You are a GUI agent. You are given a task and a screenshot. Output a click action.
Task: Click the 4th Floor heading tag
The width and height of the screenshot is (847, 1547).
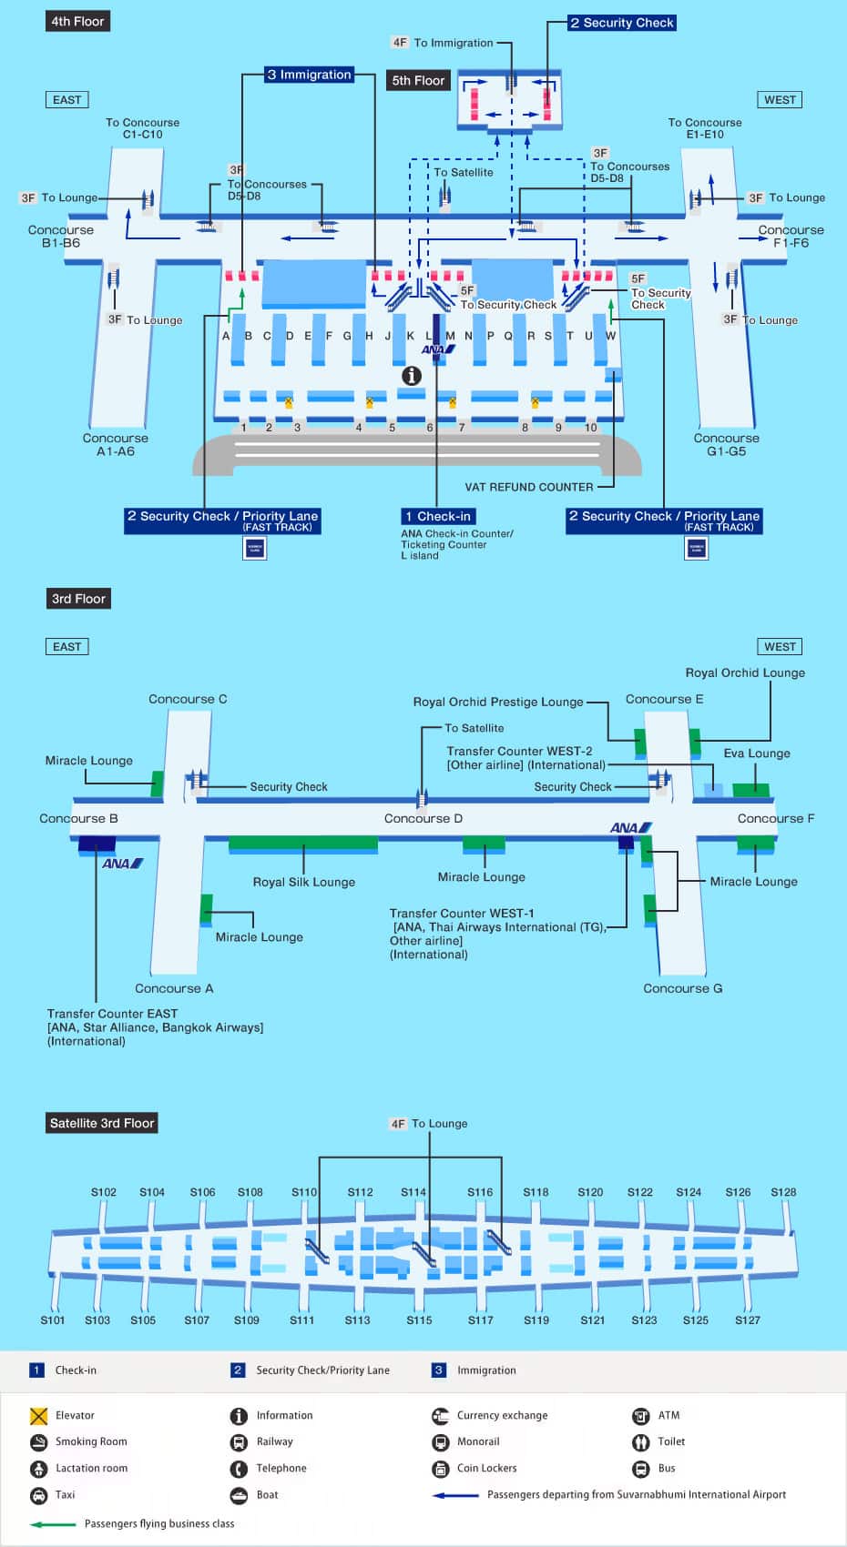(77, 21)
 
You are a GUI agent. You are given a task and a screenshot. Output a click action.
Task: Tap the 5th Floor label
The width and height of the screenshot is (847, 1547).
(418, 80)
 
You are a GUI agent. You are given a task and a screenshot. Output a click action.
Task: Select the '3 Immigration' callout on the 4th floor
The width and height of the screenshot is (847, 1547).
(309, 75)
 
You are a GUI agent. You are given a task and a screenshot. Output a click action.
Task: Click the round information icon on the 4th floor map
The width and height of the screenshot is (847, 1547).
(412, 375)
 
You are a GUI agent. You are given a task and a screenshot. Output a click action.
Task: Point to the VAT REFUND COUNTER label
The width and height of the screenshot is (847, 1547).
(528, 487)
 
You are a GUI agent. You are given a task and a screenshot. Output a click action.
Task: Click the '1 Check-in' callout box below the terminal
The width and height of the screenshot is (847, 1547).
(437, 516)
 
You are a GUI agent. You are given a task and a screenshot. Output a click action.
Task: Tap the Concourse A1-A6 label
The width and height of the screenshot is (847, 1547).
(116, 444)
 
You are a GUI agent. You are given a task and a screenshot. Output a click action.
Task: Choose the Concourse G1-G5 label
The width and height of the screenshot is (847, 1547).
(726, 444)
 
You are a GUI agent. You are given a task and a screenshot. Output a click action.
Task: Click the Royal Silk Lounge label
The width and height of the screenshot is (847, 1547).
(303, 882)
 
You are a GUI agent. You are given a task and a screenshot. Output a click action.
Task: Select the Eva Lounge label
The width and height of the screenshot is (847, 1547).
(757, 753)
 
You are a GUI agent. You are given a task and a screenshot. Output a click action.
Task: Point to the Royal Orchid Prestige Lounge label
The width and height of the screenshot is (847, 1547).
(498, 702)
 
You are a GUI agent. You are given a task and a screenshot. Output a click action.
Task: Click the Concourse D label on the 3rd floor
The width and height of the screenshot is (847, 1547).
(423, 818)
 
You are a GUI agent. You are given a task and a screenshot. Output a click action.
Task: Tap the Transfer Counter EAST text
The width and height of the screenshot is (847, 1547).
(113, 1013)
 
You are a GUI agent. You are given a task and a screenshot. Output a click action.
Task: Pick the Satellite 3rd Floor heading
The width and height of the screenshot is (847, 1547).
(102, 1123)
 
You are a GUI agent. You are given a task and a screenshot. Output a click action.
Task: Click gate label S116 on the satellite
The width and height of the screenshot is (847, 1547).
(480, 1192)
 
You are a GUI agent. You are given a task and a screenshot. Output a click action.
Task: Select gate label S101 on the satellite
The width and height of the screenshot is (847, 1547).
(53, 1319)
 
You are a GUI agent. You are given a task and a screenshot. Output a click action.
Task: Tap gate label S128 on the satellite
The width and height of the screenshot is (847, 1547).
(783, 1192)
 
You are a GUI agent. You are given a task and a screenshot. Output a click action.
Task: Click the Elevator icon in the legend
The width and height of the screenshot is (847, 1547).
(38, 1416)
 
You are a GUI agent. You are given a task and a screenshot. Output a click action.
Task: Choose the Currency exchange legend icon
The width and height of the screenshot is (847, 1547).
(440, 1416)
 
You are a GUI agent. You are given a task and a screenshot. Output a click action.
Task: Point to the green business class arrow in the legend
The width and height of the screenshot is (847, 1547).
(53, 1524)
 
